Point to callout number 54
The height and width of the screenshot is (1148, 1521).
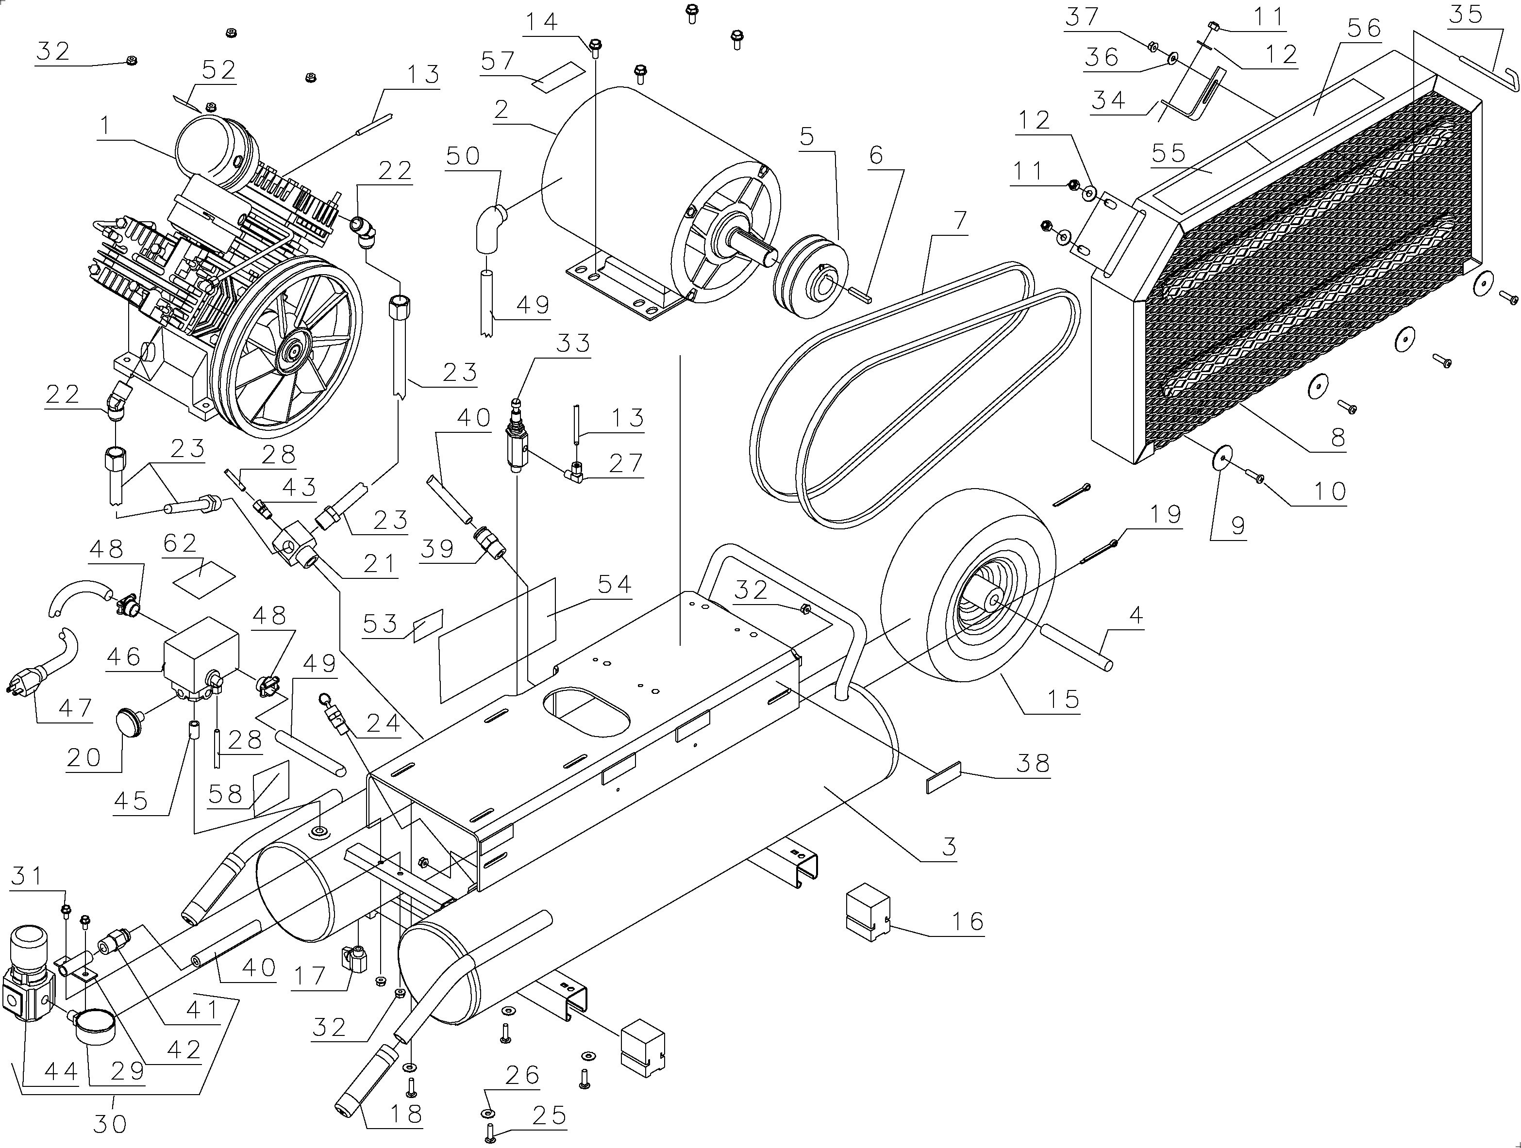614,584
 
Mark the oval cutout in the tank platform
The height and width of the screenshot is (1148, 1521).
586,715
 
